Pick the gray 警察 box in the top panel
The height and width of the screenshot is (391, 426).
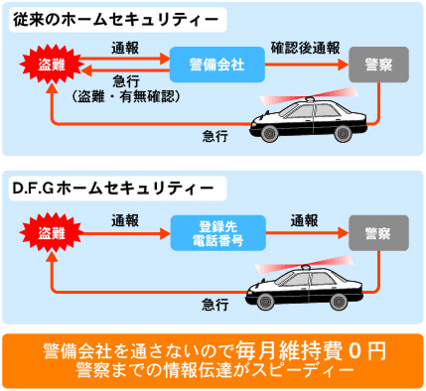tap(377, 65)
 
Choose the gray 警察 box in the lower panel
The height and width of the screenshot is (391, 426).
tap(377, 234)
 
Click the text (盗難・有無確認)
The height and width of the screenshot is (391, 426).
tap(125, 96)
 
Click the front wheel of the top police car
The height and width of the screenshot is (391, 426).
tap(272, 136)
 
